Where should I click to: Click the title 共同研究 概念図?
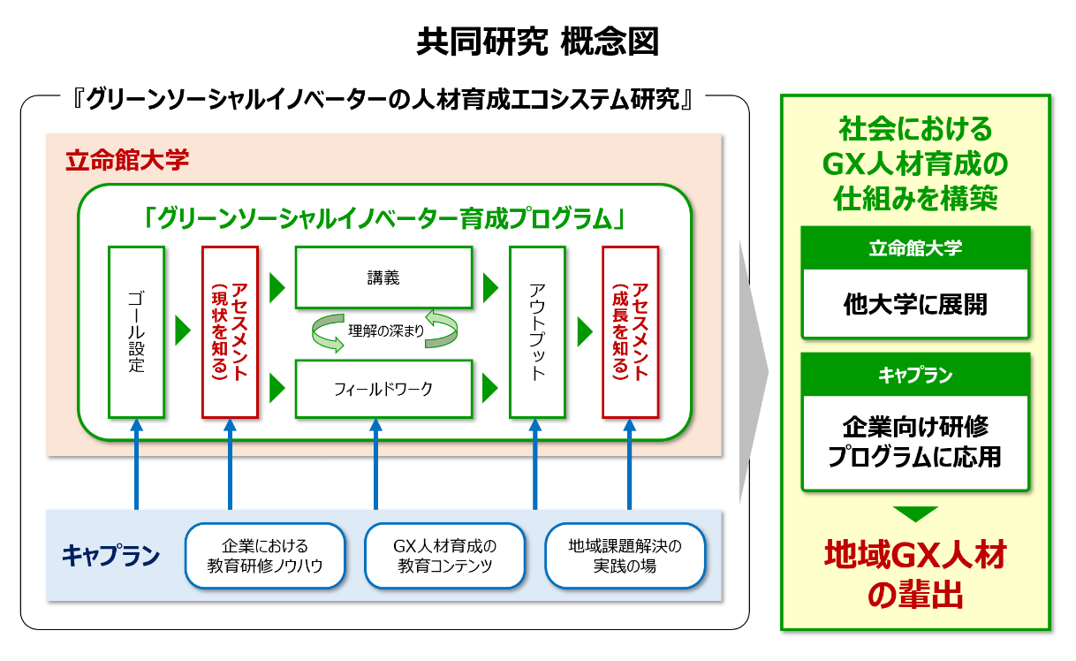537,42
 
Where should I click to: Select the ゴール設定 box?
136,332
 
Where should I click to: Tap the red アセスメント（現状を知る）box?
230,332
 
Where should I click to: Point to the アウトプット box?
537,332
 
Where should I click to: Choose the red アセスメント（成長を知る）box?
630,332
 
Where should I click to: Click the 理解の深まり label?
386,332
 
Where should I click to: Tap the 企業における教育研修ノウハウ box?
264,556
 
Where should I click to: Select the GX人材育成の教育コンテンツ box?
444,556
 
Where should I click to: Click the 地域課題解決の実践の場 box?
625,556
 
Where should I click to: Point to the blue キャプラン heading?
110,556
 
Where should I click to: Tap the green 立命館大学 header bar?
914,248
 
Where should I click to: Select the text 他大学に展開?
914,305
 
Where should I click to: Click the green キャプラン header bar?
914,375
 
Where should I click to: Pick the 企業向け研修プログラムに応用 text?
914,442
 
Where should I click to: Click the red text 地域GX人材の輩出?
914,574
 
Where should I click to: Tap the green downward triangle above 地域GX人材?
914,513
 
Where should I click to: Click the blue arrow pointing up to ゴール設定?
136,464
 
